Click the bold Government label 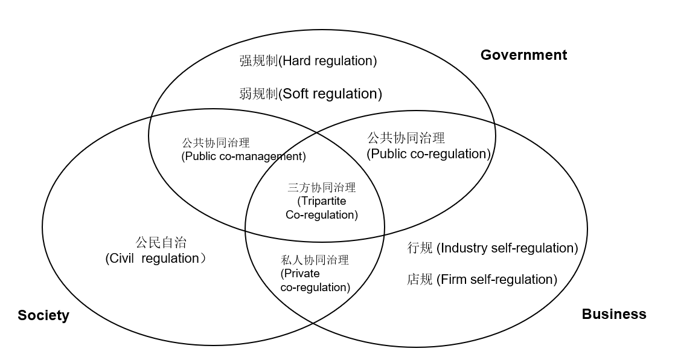523,55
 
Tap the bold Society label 43,315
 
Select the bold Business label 613,314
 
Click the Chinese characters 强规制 258,60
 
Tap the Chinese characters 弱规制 258,94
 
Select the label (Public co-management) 243,156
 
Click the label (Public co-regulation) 429,154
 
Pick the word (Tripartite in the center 322,201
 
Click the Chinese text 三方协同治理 321,188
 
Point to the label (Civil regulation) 155,259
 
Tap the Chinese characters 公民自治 161,243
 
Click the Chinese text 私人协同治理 315,261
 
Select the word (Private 300,274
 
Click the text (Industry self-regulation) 507,248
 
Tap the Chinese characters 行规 420,248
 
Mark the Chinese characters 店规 420,279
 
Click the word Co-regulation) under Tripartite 321,214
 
